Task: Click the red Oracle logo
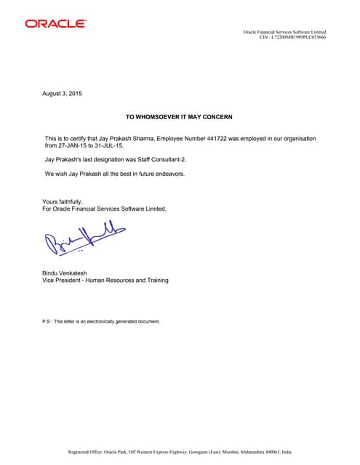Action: tap(55, 24)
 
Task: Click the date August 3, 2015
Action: tap(63, 94)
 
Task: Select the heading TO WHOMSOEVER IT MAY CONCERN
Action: tap(179, 117)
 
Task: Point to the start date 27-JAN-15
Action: tap(73, 145)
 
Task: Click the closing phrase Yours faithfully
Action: tap(63, 201)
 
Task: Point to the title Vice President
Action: tap(60, 280)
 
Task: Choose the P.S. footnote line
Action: tap(101, 320)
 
